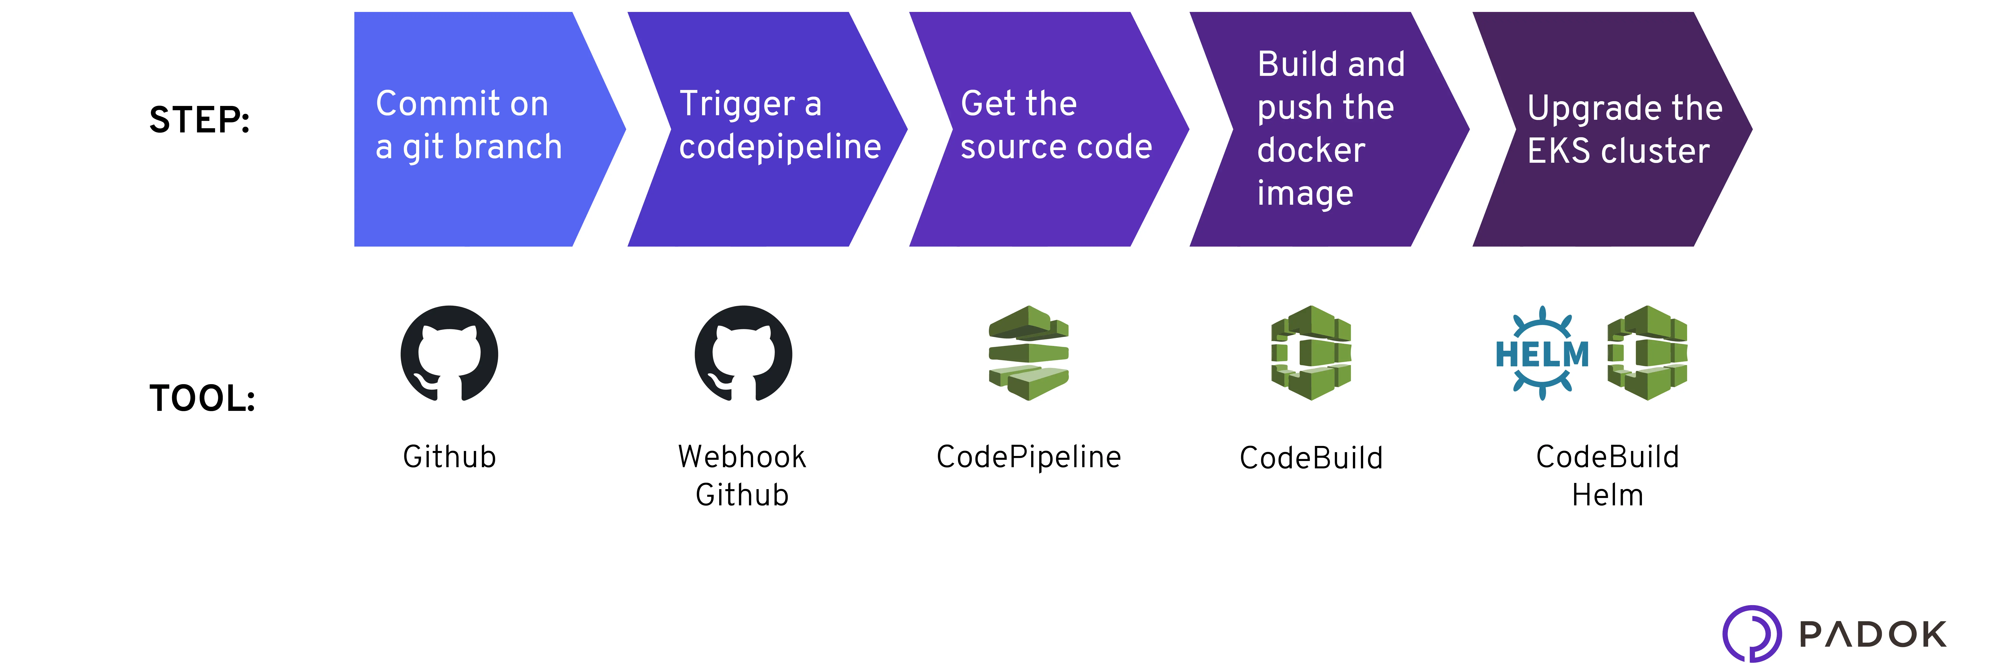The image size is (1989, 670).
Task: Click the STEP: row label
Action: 199,120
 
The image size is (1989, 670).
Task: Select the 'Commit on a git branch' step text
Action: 468,125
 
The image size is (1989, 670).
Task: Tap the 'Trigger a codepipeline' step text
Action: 779,125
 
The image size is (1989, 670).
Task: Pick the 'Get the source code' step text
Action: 1055,125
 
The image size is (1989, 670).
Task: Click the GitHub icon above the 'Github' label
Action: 449,354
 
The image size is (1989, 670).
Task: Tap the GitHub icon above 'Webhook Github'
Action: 743,354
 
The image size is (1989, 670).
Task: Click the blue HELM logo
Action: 1542,354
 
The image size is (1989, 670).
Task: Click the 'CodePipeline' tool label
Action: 1029,457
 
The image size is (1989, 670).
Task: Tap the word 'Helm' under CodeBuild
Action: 1608,495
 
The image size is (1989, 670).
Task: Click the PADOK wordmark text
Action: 1873,634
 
